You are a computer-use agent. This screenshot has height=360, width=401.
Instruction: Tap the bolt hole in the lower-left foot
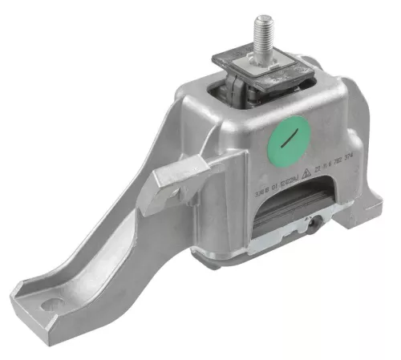pos(52,304)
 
